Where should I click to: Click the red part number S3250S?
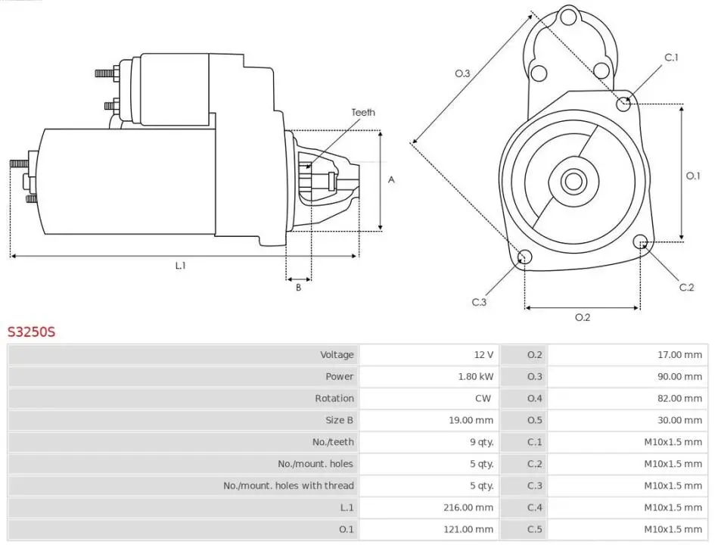coord(32,332)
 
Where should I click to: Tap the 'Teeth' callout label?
coord(362,113)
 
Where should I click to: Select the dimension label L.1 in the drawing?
coord(180,266)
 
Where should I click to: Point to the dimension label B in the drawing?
coord(298,287)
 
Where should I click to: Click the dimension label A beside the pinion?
coord(391,180)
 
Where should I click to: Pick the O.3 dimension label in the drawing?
coord(462,73)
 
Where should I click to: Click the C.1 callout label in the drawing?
coord(671,58)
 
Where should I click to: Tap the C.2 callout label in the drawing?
coord(686,287)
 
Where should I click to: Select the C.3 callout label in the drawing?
coord(479,303)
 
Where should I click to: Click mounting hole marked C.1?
coord(624,103)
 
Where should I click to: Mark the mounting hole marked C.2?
coord(642,243)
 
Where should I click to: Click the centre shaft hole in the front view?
coord(573,181)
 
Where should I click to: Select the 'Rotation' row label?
coord(334,399)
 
